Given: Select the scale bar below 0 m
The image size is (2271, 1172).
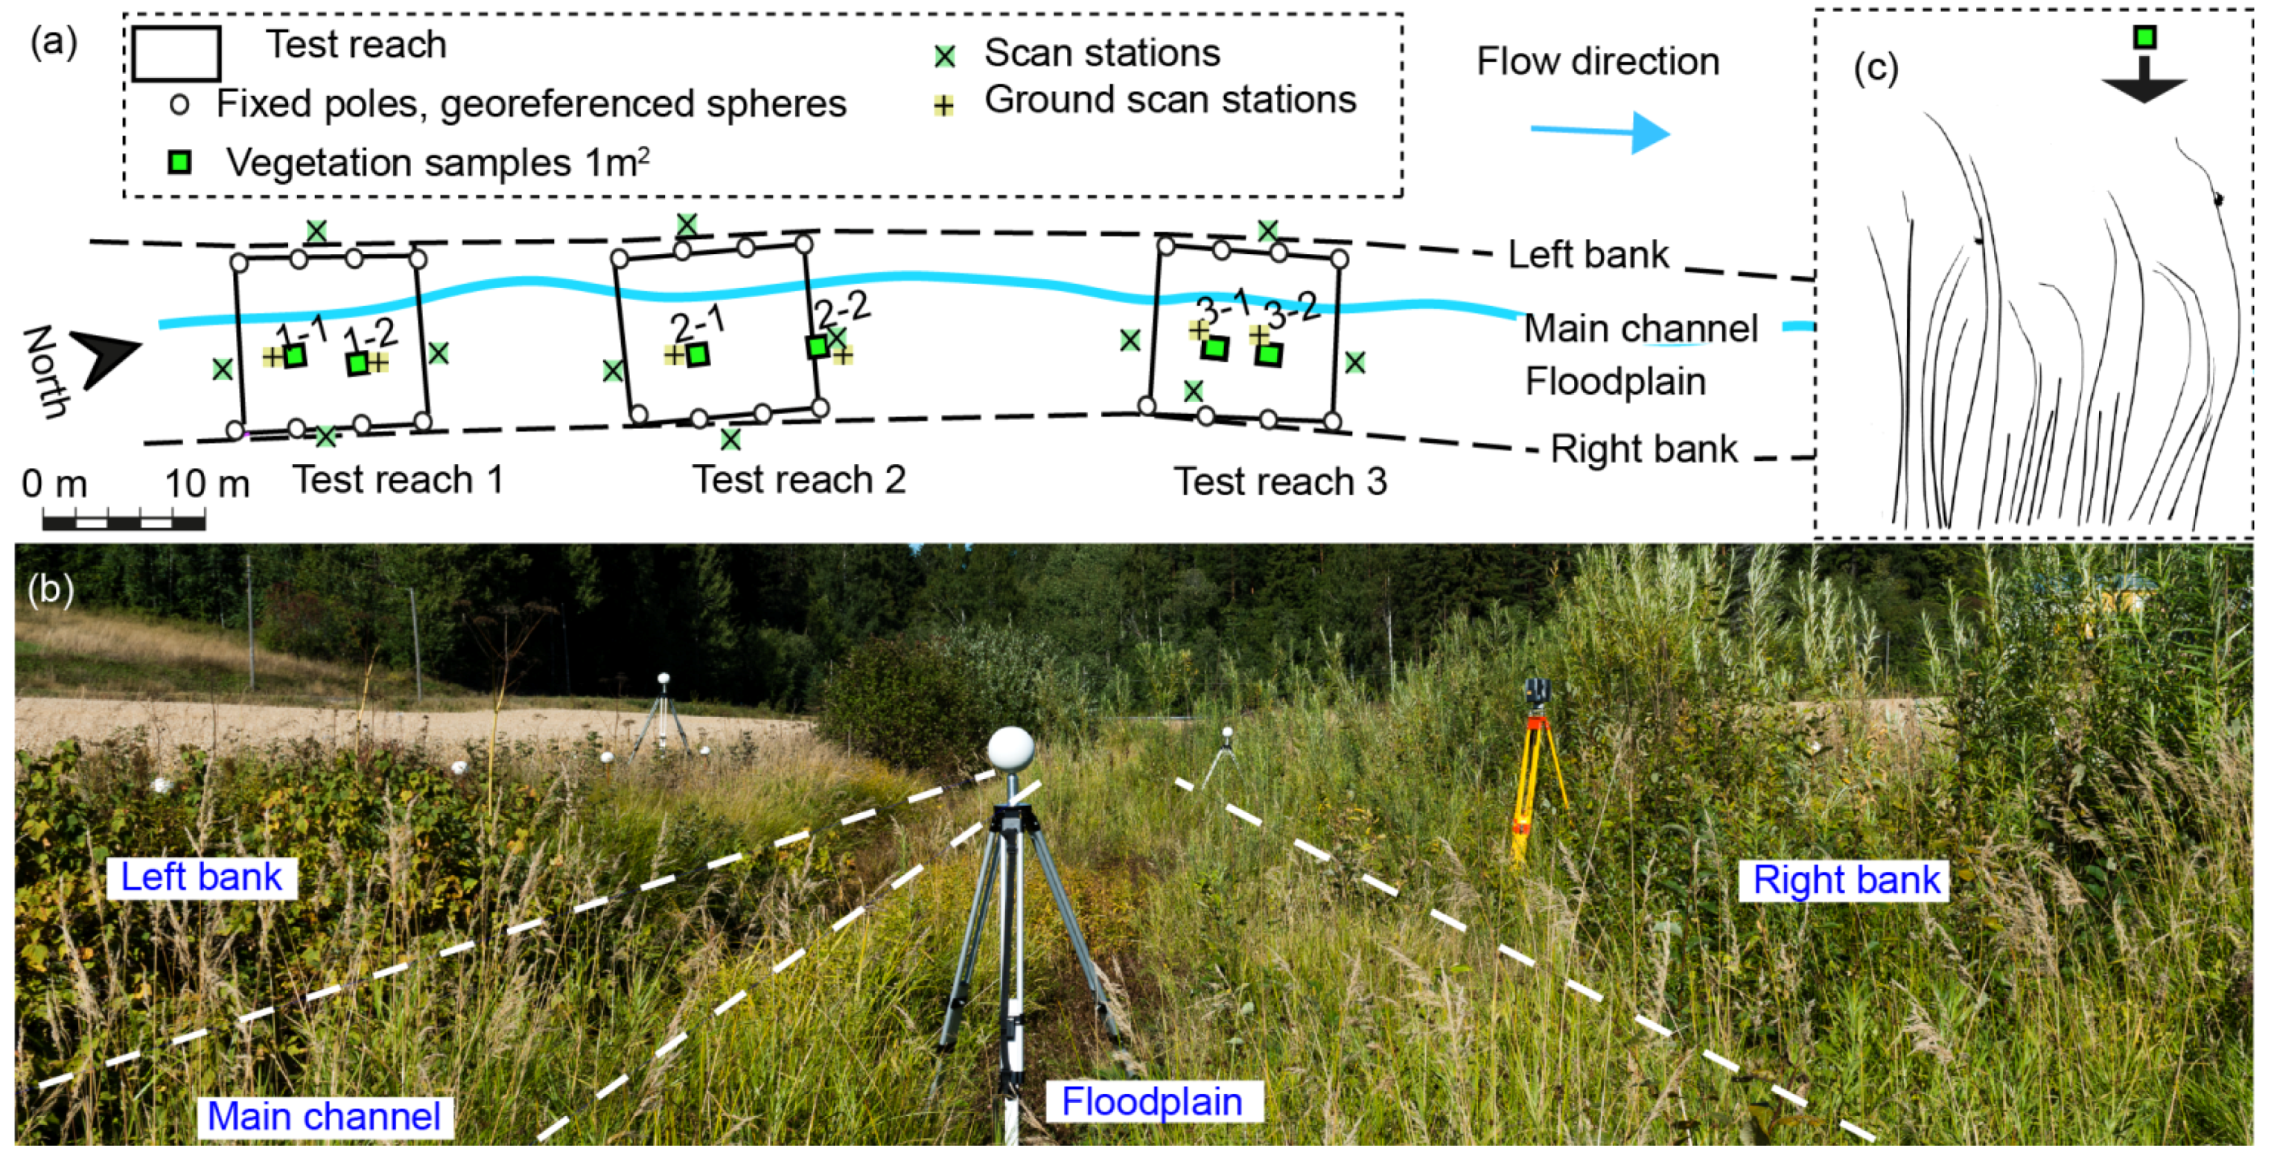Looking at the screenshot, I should (x=124, y=521).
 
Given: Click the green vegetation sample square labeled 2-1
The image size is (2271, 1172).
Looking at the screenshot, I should (x=698, y=354).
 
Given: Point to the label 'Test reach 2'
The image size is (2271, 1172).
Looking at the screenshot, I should (x=799, y=480).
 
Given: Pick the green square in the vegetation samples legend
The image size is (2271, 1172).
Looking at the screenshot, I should (x=180, y=162).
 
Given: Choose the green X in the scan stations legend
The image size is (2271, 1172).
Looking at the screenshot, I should (x=944, y=57).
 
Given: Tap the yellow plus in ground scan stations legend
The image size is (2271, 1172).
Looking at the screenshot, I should (x=943, y=106).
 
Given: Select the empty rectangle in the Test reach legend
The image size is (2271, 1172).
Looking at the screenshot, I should (x=176, y=53).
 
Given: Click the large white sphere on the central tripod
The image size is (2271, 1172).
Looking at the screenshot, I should (x=1010, y=749).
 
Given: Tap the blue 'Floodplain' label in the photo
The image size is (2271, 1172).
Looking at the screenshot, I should (x=1152, y=1101).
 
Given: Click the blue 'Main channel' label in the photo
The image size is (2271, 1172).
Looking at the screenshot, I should (x=324, y=1116).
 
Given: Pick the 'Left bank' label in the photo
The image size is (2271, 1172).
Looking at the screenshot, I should (x=202, y=877).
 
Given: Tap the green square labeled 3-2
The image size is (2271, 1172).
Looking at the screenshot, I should (x=1269, y=354).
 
